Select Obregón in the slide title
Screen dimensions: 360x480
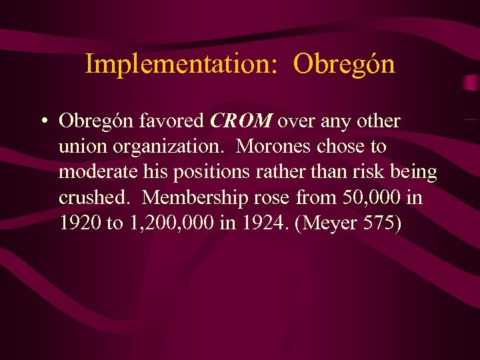pyautogui.click(x=344, y=65)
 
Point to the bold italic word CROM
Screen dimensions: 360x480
pyautogui.click(x=241, y=121)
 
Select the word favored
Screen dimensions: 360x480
pyautogui.click(x=171, y=121)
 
